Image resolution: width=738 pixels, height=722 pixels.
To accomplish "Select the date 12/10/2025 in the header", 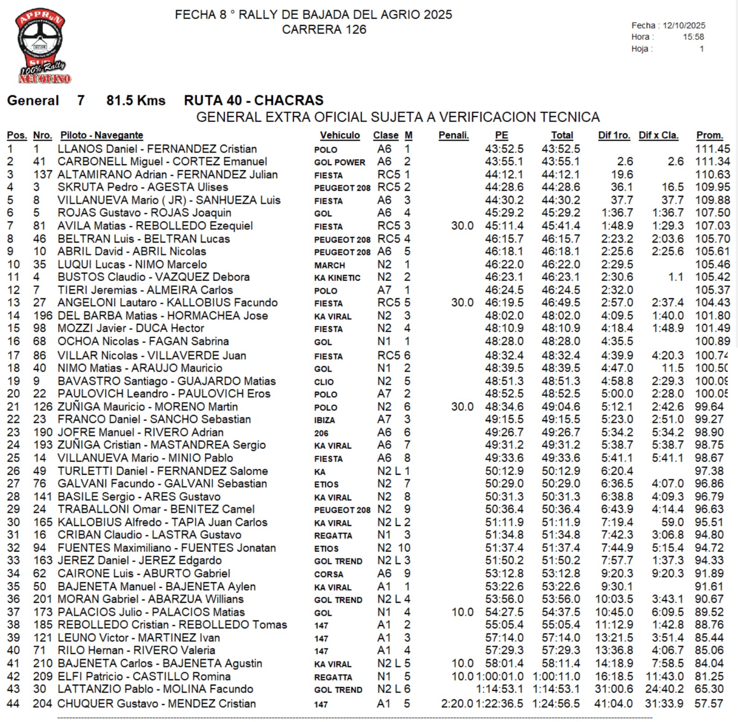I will pyautogui.click(x=684, y=25).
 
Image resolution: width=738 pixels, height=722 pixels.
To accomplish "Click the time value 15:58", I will pyautogui.click(x=693, y=37).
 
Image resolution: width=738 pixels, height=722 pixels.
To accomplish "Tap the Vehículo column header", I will pyautogui.click(x=340, y=135).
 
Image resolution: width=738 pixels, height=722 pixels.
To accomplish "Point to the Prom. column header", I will pyautogui.click(x=709, y=135).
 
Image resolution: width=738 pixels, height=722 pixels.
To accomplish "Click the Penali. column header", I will pyautogui.click(x=453, y=135).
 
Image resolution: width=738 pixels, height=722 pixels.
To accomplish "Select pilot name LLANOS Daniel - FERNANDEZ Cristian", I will pyautogui.click(x=157, y=149).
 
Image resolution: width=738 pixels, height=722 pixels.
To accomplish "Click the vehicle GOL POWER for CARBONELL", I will pyautogui.click(x=339, y=162).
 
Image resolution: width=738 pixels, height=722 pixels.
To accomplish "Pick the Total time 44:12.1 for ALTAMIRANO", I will pyautogui.click(x=561, y=174).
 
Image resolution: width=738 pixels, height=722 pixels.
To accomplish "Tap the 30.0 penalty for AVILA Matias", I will pyautogui.click(x=462, y=226).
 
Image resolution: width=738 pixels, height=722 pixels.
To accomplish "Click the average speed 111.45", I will pyautogui.click(x=713, y=149).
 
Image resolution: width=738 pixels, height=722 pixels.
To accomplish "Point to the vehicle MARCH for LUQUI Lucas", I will pyautogui.click(x=329, y=265).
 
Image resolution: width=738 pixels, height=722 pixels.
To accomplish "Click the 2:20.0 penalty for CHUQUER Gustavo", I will pyautogui.click(x=457, y=704).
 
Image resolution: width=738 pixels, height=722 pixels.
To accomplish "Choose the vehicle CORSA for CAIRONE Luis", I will pyautogui.click(x=328, y=574).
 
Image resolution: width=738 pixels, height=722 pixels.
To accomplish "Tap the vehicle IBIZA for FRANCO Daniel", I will pyautogui.click(x=324, y=420).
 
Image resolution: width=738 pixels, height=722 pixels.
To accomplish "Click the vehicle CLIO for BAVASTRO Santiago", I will pyautogui.click(x=324, y=382).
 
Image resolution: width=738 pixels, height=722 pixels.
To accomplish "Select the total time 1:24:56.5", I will pyautogui.click(x=556, y=704).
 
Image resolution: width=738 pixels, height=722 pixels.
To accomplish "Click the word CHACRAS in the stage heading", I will pyautogui.click(x=289, y=100).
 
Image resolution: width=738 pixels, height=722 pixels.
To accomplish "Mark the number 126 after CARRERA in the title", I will pyautogui.click(x=356, y=30).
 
